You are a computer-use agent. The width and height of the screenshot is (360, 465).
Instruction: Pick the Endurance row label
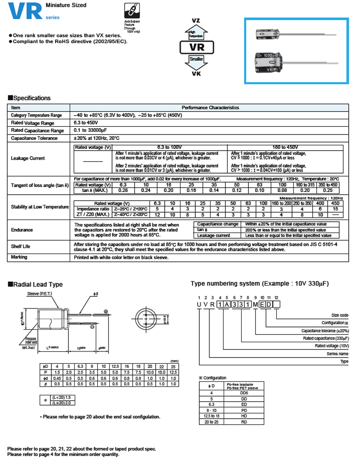tap(22, 230)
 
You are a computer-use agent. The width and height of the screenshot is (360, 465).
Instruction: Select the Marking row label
tap(19, 257)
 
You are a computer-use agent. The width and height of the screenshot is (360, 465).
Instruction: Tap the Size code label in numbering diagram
tap(340, 316)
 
